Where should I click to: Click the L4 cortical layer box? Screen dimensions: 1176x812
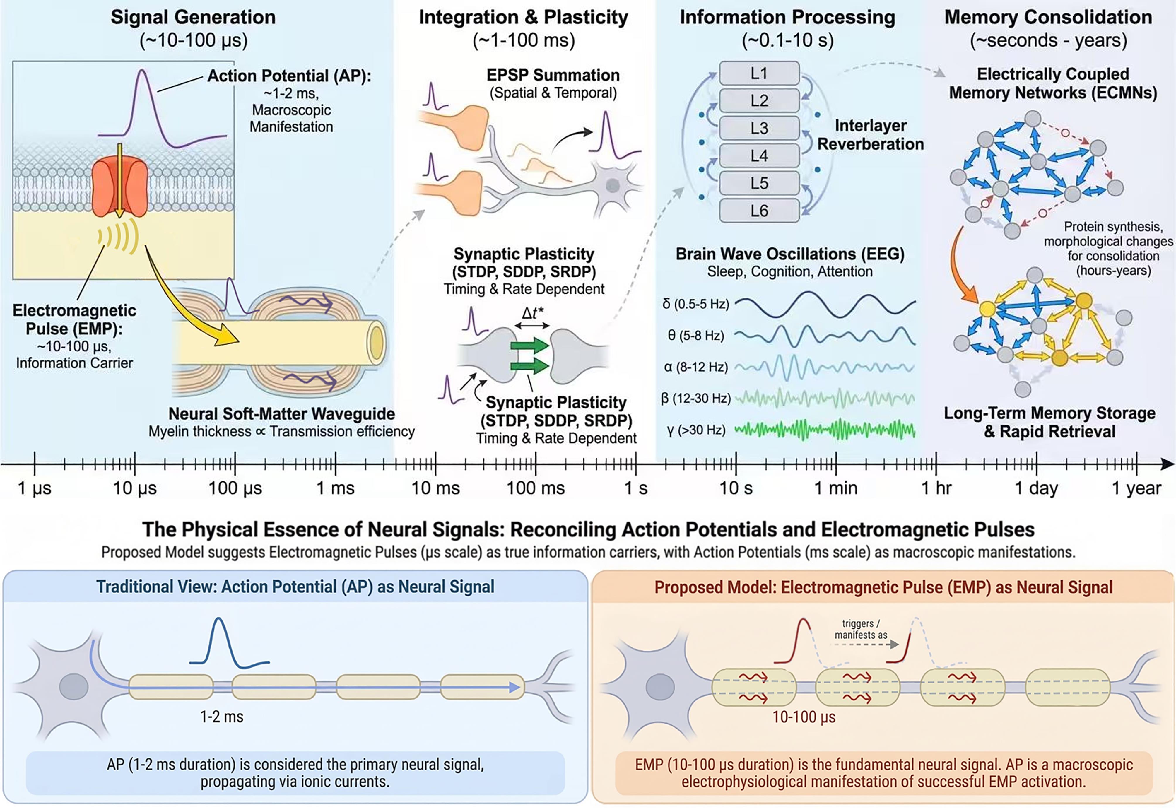tap(759, 156)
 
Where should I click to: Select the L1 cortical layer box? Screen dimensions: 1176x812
tap(759, 73)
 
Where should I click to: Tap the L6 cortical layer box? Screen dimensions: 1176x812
tap(759, 211)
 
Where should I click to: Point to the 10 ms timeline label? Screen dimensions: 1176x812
tap(435, 488)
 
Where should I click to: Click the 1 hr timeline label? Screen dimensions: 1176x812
tap(936, 488)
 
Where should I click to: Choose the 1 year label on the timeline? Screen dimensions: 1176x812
tap(1136, 488)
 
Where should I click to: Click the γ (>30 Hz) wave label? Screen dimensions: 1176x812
tap(696, 430)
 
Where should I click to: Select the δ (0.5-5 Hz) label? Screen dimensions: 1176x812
tap(696, 304)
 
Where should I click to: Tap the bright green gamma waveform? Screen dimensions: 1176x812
tap(825, 430)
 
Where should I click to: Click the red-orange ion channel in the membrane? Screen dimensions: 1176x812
tap(120, 186)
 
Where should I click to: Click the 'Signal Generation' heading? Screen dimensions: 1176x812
tap(193, 17)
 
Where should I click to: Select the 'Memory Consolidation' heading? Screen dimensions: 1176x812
tap(1048, 17)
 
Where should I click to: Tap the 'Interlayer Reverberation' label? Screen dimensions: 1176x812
tap(870, 135)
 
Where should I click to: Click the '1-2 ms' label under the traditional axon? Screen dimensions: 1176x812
tap(222, 717)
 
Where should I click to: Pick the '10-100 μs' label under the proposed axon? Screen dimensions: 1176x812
tap(804, 717)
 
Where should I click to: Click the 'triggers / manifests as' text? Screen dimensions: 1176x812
tap(861, 629)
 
